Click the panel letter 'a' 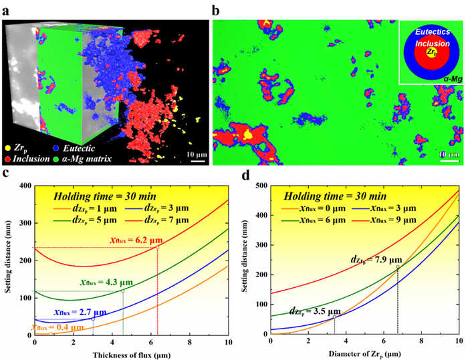click(x=8, y=10)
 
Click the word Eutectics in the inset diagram click(x=433, y=31)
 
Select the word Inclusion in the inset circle click(x=432, y=43)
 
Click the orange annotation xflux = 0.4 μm click(x=30, y=326)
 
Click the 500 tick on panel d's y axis click(x=261, y=186)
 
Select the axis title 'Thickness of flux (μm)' click(x=130, y=353)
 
